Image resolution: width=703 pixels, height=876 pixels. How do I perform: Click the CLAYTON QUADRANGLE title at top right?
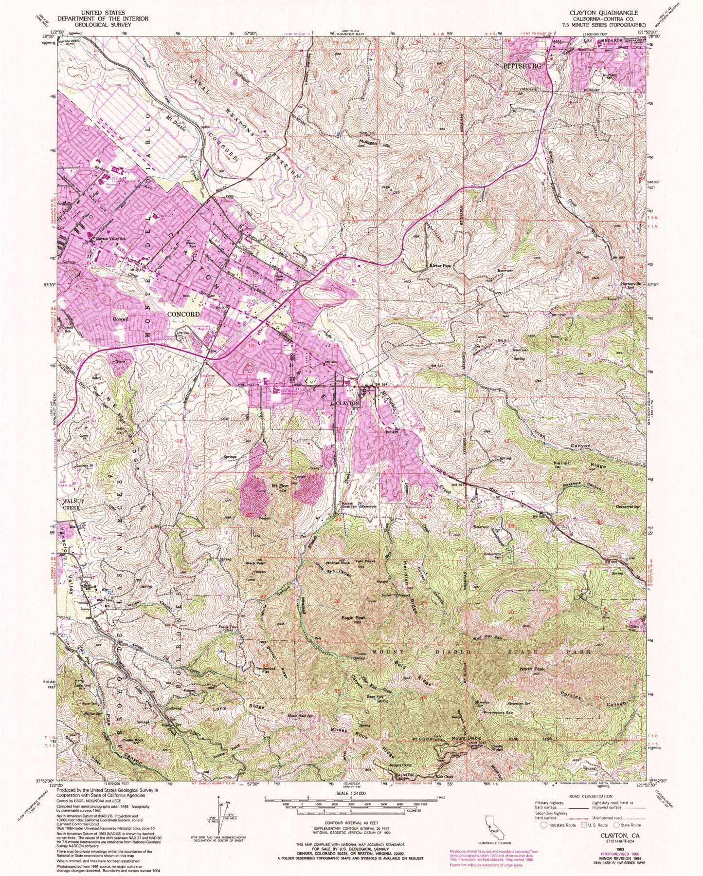(x=609, y=12)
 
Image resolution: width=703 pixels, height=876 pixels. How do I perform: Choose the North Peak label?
(x=533, y=669)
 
